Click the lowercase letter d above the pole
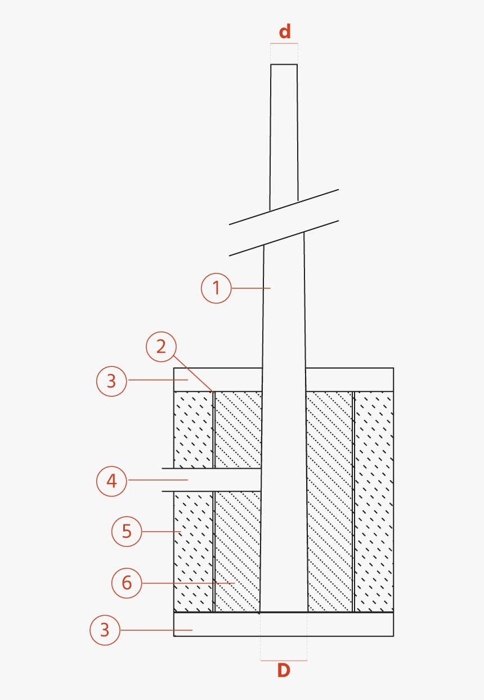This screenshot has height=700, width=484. pos(285,32)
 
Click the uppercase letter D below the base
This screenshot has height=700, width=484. pos(284,670)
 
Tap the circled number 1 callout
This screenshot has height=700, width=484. pos(216,288)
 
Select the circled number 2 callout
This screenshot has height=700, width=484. pos(161,347)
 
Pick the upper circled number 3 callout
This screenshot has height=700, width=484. pos(111,381)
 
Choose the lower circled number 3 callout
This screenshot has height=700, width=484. pos(105,630)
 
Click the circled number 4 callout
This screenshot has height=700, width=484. pos(111,481)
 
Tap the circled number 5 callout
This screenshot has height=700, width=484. pos(127,531)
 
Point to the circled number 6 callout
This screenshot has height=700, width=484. pos(127,582)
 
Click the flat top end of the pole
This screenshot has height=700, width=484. pos(284,65)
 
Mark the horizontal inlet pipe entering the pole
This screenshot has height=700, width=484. pos(214,480)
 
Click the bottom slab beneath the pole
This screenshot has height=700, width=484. pos(284,625)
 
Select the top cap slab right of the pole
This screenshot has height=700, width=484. pos(349,379)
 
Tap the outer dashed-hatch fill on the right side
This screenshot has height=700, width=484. pos(374,501)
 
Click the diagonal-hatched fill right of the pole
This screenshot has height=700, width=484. pos(330,501)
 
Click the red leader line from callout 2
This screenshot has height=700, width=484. pos(194,372)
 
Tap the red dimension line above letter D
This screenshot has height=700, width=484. pos(284,660)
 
